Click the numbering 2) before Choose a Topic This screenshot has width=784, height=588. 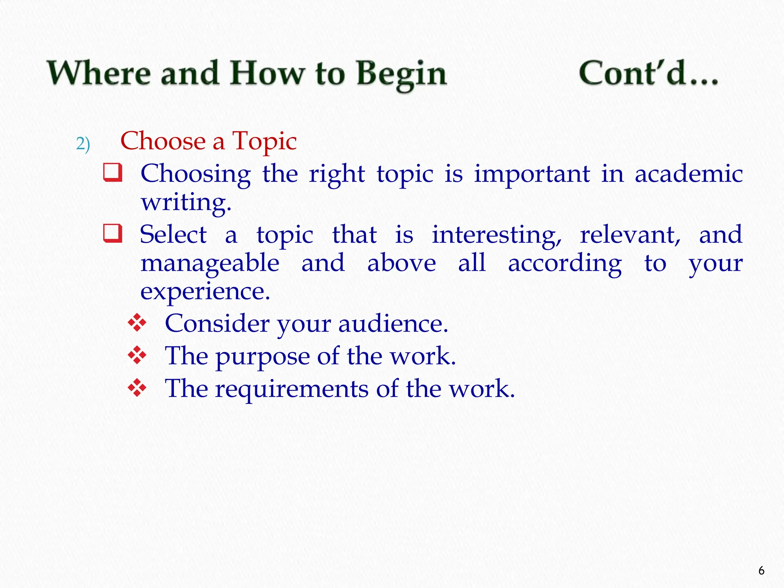tap(83, 144)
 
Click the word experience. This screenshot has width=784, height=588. tap(205, 292)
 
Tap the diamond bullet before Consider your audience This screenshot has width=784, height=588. tap(137, 323)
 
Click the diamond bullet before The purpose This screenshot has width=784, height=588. tap(137, 356)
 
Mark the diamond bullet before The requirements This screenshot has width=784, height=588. tap(137, 388)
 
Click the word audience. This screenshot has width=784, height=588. tap(393, 323)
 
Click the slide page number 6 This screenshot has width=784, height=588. tap(761, 571)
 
